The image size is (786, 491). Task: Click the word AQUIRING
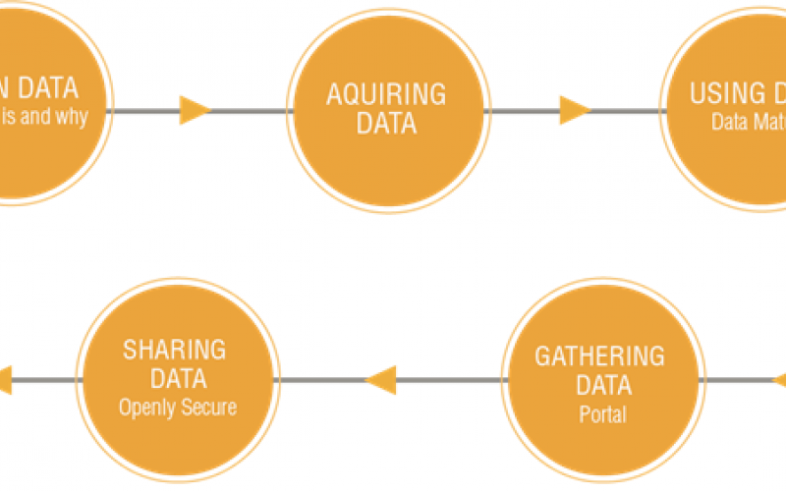386,95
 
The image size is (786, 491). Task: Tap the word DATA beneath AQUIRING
386,125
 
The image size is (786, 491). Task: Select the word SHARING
175,351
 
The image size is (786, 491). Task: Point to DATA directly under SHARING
175,380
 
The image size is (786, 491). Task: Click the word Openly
148,407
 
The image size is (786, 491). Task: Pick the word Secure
207,407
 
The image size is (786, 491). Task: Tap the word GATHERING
599,355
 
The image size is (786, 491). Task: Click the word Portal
602,414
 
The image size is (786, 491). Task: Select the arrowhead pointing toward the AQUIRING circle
195,110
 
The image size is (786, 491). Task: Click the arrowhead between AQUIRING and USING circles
574,110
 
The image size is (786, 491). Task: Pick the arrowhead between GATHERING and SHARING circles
381,379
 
